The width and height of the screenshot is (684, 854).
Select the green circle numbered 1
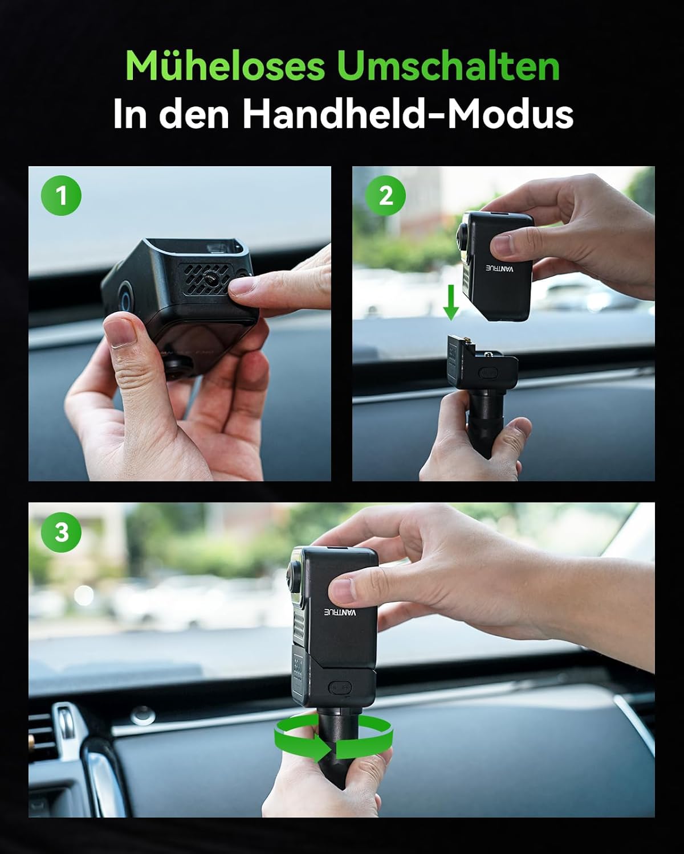pyautogui.click(x=62, y=196)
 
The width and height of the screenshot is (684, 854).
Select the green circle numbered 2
pyautogui.click(x=386, y=196)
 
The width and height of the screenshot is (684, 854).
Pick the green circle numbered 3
pyautogui.click(x=62, y=533)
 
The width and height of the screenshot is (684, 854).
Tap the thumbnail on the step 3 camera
pyautogui.click(x=344, y=589)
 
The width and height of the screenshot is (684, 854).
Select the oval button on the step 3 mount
pyautogui.click(x=340, y=687)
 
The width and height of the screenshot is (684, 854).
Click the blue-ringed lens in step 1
pyautogui.click(x=125, y=298)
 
